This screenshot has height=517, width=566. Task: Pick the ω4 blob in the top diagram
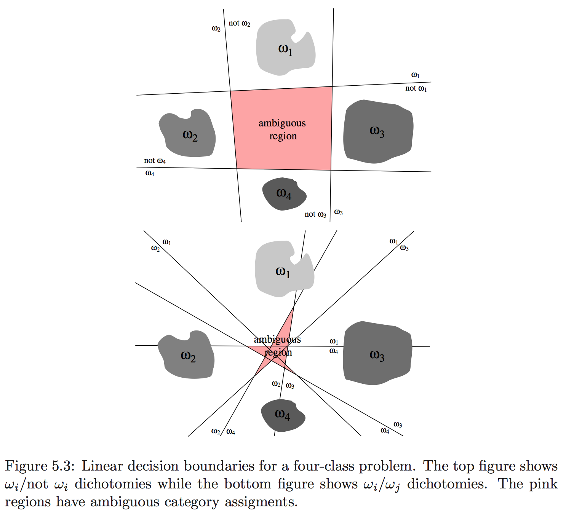click(284, 194)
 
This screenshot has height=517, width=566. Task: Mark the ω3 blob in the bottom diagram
click(377, 354)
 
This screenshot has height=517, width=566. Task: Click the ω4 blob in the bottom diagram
click(283, 415)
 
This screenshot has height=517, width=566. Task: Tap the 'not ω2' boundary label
click(239, 23)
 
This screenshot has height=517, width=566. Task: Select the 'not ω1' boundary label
click(416, 88)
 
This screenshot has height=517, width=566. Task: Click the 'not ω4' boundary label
click(155, 161)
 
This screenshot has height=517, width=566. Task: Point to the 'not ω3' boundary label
click(315, 214)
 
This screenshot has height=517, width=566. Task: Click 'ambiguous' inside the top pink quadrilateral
click(282, 123)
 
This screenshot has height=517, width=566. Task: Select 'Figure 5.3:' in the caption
click(40, 466)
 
